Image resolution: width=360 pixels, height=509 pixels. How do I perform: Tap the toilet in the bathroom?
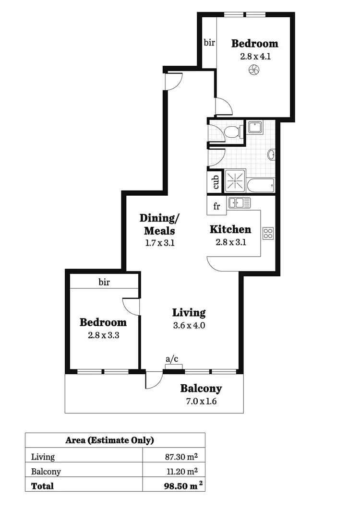[233, 131]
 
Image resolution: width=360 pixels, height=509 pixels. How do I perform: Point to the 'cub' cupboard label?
[216, 182]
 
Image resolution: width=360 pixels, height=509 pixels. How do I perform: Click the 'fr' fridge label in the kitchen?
[216, 207]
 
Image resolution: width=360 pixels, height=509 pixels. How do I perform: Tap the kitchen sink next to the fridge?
[240, 203]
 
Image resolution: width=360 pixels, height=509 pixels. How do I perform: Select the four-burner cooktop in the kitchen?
[268, 234]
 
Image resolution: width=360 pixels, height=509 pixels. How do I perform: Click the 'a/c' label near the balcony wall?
[171, 358]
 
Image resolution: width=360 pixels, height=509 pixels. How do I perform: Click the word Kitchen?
[230, 229]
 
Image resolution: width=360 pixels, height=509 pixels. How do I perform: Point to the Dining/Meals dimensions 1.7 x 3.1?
[159, 243]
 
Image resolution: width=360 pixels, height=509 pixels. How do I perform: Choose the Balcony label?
[201, 389]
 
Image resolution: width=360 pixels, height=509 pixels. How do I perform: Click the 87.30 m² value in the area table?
[181, 457]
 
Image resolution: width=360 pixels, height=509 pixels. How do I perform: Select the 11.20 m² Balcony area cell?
[181, 472]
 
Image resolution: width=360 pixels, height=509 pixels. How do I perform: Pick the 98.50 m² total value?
[180, 486]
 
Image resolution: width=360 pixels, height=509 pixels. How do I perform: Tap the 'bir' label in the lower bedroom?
[104, 282]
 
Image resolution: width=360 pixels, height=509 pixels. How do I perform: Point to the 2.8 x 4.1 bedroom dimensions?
[254, 56]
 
